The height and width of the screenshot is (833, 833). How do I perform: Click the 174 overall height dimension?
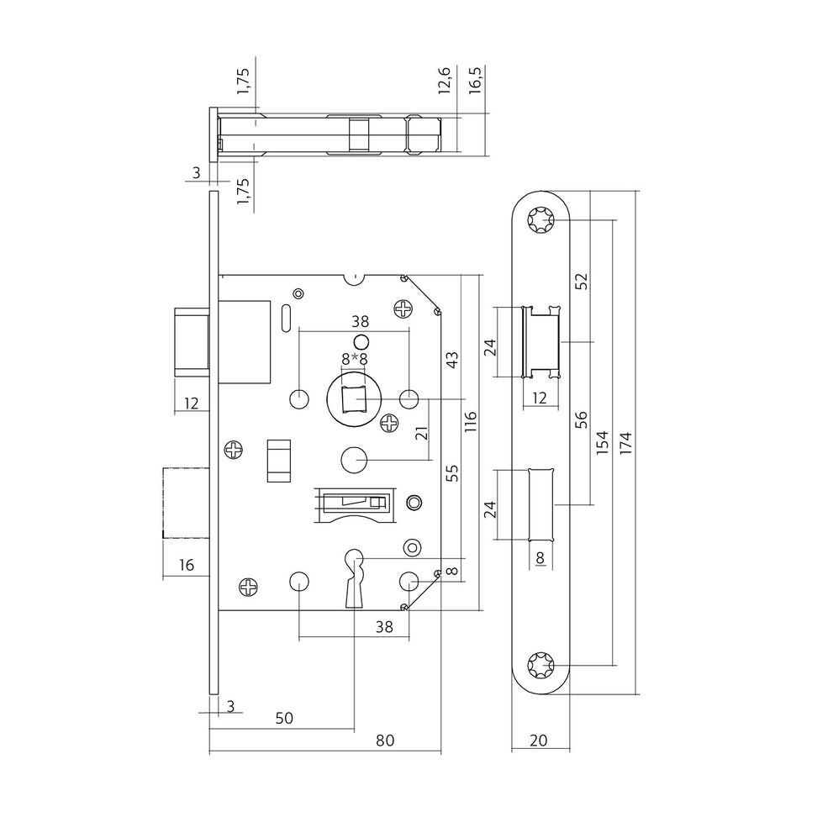[x=626, y=442]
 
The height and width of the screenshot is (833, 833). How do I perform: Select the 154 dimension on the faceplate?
[x=601, y=442]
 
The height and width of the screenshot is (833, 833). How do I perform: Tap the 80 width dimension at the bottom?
[x=385, y=740]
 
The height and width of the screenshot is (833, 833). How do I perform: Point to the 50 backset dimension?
[x=284, y=718]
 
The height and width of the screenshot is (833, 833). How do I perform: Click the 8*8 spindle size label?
[x=355, y=360]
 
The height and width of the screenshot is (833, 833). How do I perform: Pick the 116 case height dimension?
[x=471, y=421]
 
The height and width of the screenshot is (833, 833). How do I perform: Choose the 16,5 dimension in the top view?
[x=475, y=80]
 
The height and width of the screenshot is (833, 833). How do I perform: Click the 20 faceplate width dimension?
[x=538, y=740]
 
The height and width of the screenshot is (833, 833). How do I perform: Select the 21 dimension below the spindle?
[x=421, y=432]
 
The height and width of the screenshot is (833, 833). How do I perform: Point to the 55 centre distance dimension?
[x=451, y=472]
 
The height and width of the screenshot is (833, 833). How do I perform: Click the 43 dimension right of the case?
[x=451, y=360]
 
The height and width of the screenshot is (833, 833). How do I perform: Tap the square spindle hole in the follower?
[x=355, y=399]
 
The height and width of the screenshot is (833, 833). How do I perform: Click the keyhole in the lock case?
[x=354, y=578]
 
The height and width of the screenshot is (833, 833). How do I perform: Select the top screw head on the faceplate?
[x=540, y=219]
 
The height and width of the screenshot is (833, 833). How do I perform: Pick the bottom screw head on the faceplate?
[x=540, y=665]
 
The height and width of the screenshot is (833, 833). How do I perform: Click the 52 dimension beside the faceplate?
[x=583, y=281]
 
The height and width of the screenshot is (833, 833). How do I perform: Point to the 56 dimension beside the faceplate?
[x=583, y=419]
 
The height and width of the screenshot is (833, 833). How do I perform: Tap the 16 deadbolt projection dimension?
[x=186, y=565]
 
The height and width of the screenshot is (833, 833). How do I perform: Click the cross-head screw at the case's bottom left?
[x=248, y=586]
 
